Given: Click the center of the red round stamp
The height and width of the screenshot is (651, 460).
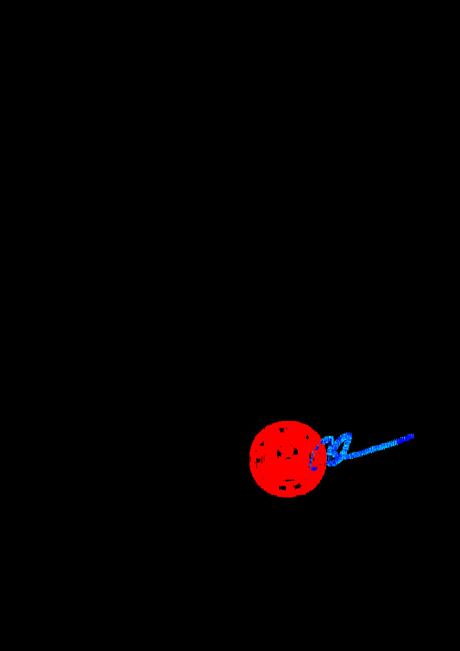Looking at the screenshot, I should (287, 458).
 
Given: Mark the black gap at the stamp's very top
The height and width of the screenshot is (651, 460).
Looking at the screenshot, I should (282, 430).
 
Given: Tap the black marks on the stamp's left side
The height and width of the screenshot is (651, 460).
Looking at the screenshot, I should (259, 460).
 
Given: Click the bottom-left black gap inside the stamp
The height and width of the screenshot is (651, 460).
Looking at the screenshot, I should (282, 487).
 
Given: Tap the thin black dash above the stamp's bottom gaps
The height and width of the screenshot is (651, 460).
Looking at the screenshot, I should (287, 480).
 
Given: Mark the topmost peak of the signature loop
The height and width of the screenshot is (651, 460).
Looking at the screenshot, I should (347, 435).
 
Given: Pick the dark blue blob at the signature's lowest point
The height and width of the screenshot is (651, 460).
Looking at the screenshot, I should (315, 468).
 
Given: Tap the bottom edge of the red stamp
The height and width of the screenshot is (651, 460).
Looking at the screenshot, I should (287, 496).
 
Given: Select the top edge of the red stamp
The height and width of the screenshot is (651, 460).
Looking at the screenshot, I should (287, 422).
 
